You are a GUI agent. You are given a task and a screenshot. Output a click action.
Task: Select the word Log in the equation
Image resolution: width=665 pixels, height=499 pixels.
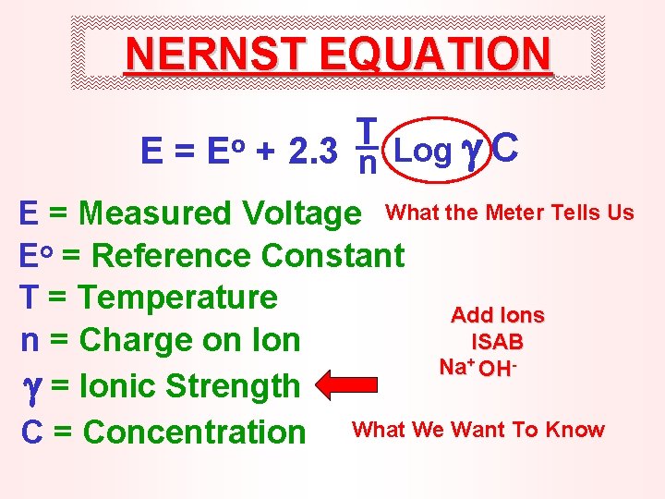(423, 151)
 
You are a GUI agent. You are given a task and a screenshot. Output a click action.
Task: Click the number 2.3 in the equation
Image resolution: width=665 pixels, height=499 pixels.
(311, 152)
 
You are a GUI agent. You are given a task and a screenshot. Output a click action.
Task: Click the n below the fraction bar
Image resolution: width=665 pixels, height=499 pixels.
(366, 166)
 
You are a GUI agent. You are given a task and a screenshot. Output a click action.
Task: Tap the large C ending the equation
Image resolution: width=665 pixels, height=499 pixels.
(506, 148)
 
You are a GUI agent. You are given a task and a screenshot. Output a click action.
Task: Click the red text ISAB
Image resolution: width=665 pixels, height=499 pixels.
(498, 342)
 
